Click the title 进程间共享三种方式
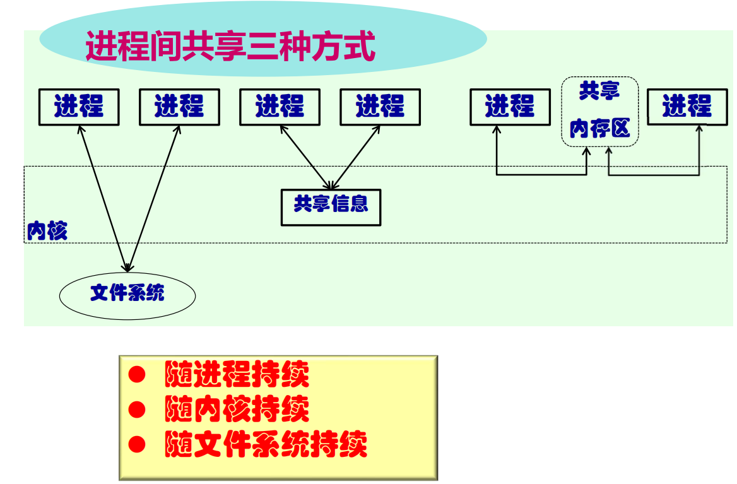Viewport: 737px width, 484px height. click(230, 46)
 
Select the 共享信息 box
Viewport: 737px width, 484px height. click(331, 207)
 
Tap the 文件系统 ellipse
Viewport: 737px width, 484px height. click(127, 295)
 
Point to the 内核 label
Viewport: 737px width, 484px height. click(47, 232)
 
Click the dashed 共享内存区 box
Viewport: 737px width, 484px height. click(599, 112)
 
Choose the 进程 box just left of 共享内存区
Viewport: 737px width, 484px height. click(509, 107)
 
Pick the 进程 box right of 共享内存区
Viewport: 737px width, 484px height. click(687, 107)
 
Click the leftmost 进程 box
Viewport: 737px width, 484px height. click(79, 107)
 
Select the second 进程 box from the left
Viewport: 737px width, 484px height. click(179, 107)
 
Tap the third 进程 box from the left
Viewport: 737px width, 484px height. click(280, 107)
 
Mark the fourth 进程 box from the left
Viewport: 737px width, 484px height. click(380, 107)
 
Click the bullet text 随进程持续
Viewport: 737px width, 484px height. click(237, 375)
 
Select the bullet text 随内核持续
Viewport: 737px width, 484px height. click(237, 410)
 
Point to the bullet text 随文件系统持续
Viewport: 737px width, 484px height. click(266, 445)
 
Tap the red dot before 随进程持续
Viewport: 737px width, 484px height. click(137, 375)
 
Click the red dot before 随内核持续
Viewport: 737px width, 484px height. click(137, 410)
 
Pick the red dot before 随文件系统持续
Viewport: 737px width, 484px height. click(137, 445)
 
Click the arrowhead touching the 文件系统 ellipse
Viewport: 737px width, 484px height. click(127, 268)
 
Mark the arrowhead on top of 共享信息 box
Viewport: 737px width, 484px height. click(329, 186)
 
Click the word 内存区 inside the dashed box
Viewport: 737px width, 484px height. click(599, 129)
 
